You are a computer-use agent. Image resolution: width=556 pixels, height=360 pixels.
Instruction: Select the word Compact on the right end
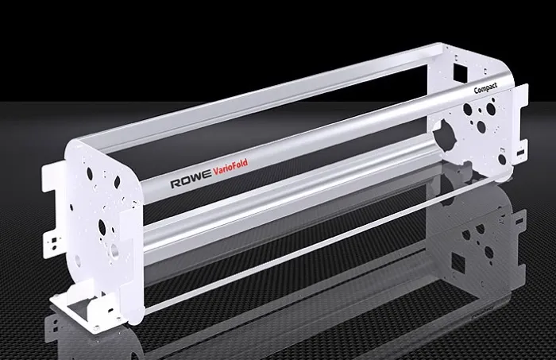485,90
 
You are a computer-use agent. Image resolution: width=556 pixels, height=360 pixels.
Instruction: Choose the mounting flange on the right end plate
520,131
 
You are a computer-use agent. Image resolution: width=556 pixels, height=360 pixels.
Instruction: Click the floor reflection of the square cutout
459,261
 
